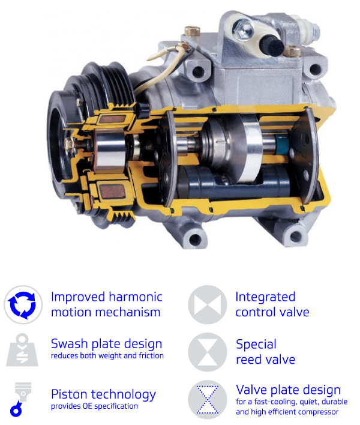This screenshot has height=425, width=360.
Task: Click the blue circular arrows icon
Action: coord(23,305)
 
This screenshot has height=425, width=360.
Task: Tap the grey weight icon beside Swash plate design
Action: coord(22,350)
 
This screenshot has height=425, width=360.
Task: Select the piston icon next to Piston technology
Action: coord(20,399)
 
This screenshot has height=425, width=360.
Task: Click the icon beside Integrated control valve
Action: coord(207,305)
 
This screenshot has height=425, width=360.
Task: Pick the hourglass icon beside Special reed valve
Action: coord(207,352)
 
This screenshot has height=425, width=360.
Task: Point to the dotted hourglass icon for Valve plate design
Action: coord(207,400)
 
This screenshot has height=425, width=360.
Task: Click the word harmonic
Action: coord(136,297)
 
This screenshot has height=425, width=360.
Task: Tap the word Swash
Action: coord(70,344)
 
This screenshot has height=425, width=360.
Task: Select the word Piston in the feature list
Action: coord(69,394)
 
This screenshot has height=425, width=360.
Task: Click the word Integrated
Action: coord(265,297)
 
